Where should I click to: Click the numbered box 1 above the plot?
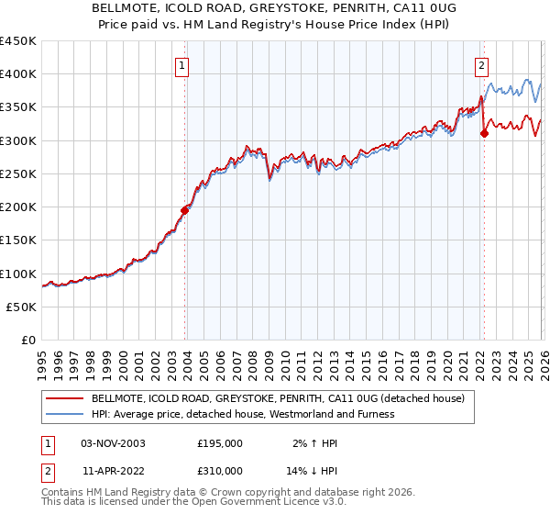point(183,65)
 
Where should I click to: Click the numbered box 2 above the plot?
point(481,65)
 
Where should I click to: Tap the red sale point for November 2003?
point(185,210)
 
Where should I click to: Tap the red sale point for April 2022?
point(485,134)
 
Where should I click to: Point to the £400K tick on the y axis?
point(18,74)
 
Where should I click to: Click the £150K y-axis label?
point(18,240)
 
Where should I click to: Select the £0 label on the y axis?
point(29,341)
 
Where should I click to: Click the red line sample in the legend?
point(65,399)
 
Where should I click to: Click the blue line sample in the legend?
point(65,414)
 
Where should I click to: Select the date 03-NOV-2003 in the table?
point(113,442)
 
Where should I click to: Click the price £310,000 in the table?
point(219,472)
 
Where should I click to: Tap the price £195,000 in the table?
point(219,442)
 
